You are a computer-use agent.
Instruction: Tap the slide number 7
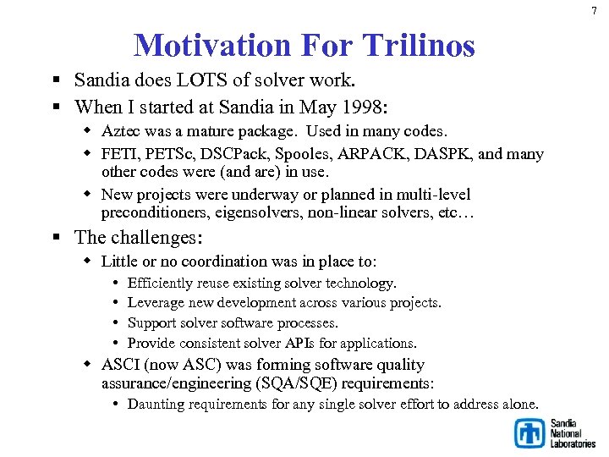(x=594, y=9)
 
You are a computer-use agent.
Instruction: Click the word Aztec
(x=122, y=131)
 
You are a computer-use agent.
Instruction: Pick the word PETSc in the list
(x=173, y=154)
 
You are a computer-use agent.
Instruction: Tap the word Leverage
(x=156, y=302)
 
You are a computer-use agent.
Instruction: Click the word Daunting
(x=156, y=404)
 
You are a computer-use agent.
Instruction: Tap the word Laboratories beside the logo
(x=573, y=443)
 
